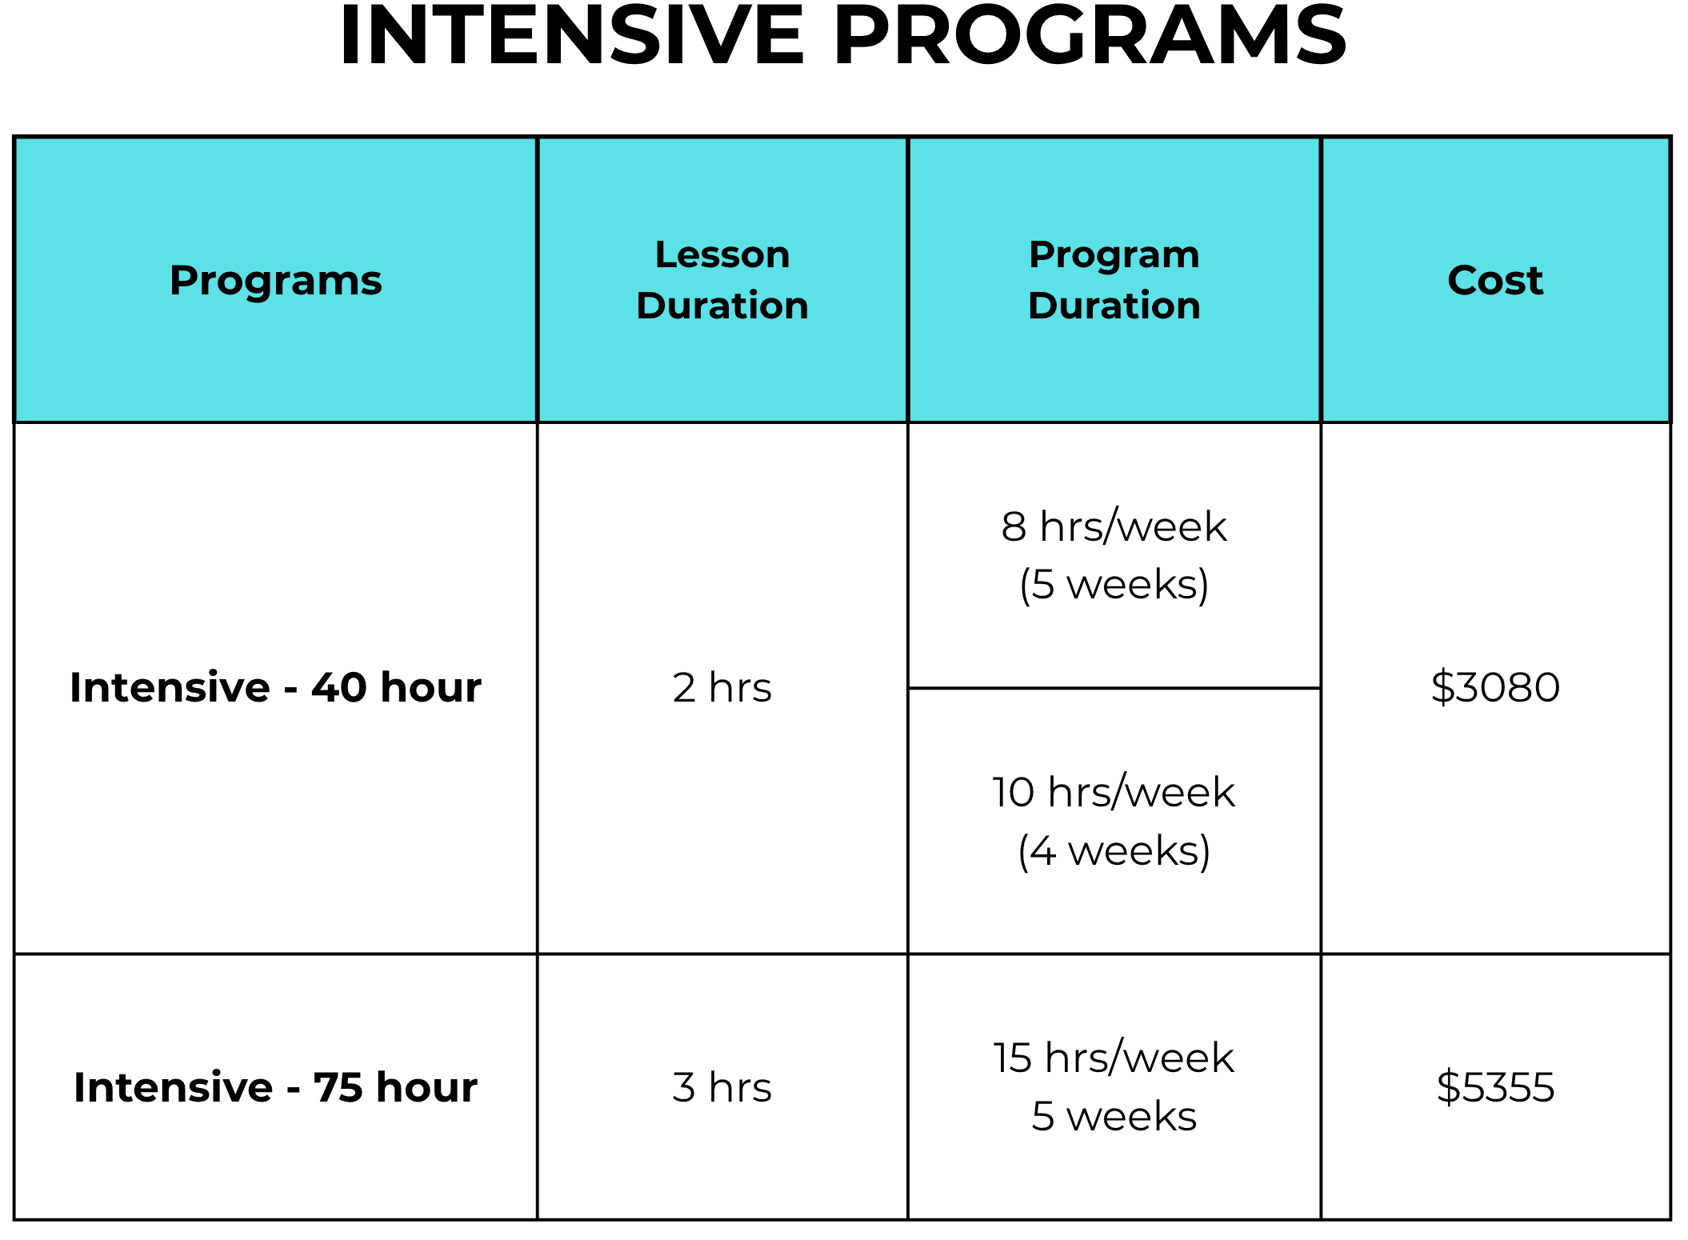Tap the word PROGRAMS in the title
click(1090, 36)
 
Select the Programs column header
click(276, 281)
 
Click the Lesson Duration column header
click(722, 280)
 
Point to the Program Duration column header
click(1114, 280)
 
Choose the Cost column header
click(1495, 280)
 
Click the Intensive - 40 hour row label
click(276, 687)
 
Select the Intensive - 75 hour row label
click(276, 1087)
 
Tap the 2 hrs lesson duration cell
click(722, 687)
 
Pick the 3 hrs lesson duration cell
click(722, 1087)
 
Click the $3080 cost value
click(1495, 687)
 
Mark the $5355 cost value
click(1495, 1087)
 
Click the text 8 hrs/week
click(1114, 526)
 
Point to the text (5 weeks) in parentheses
click(1114, 585)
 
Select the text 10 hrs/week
click(1114, 792)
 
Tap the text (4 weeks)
click(1114, 850)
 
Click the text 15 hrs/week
click(1114, 1058)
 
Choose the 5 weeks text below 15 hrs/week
click(1114, 1116)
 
